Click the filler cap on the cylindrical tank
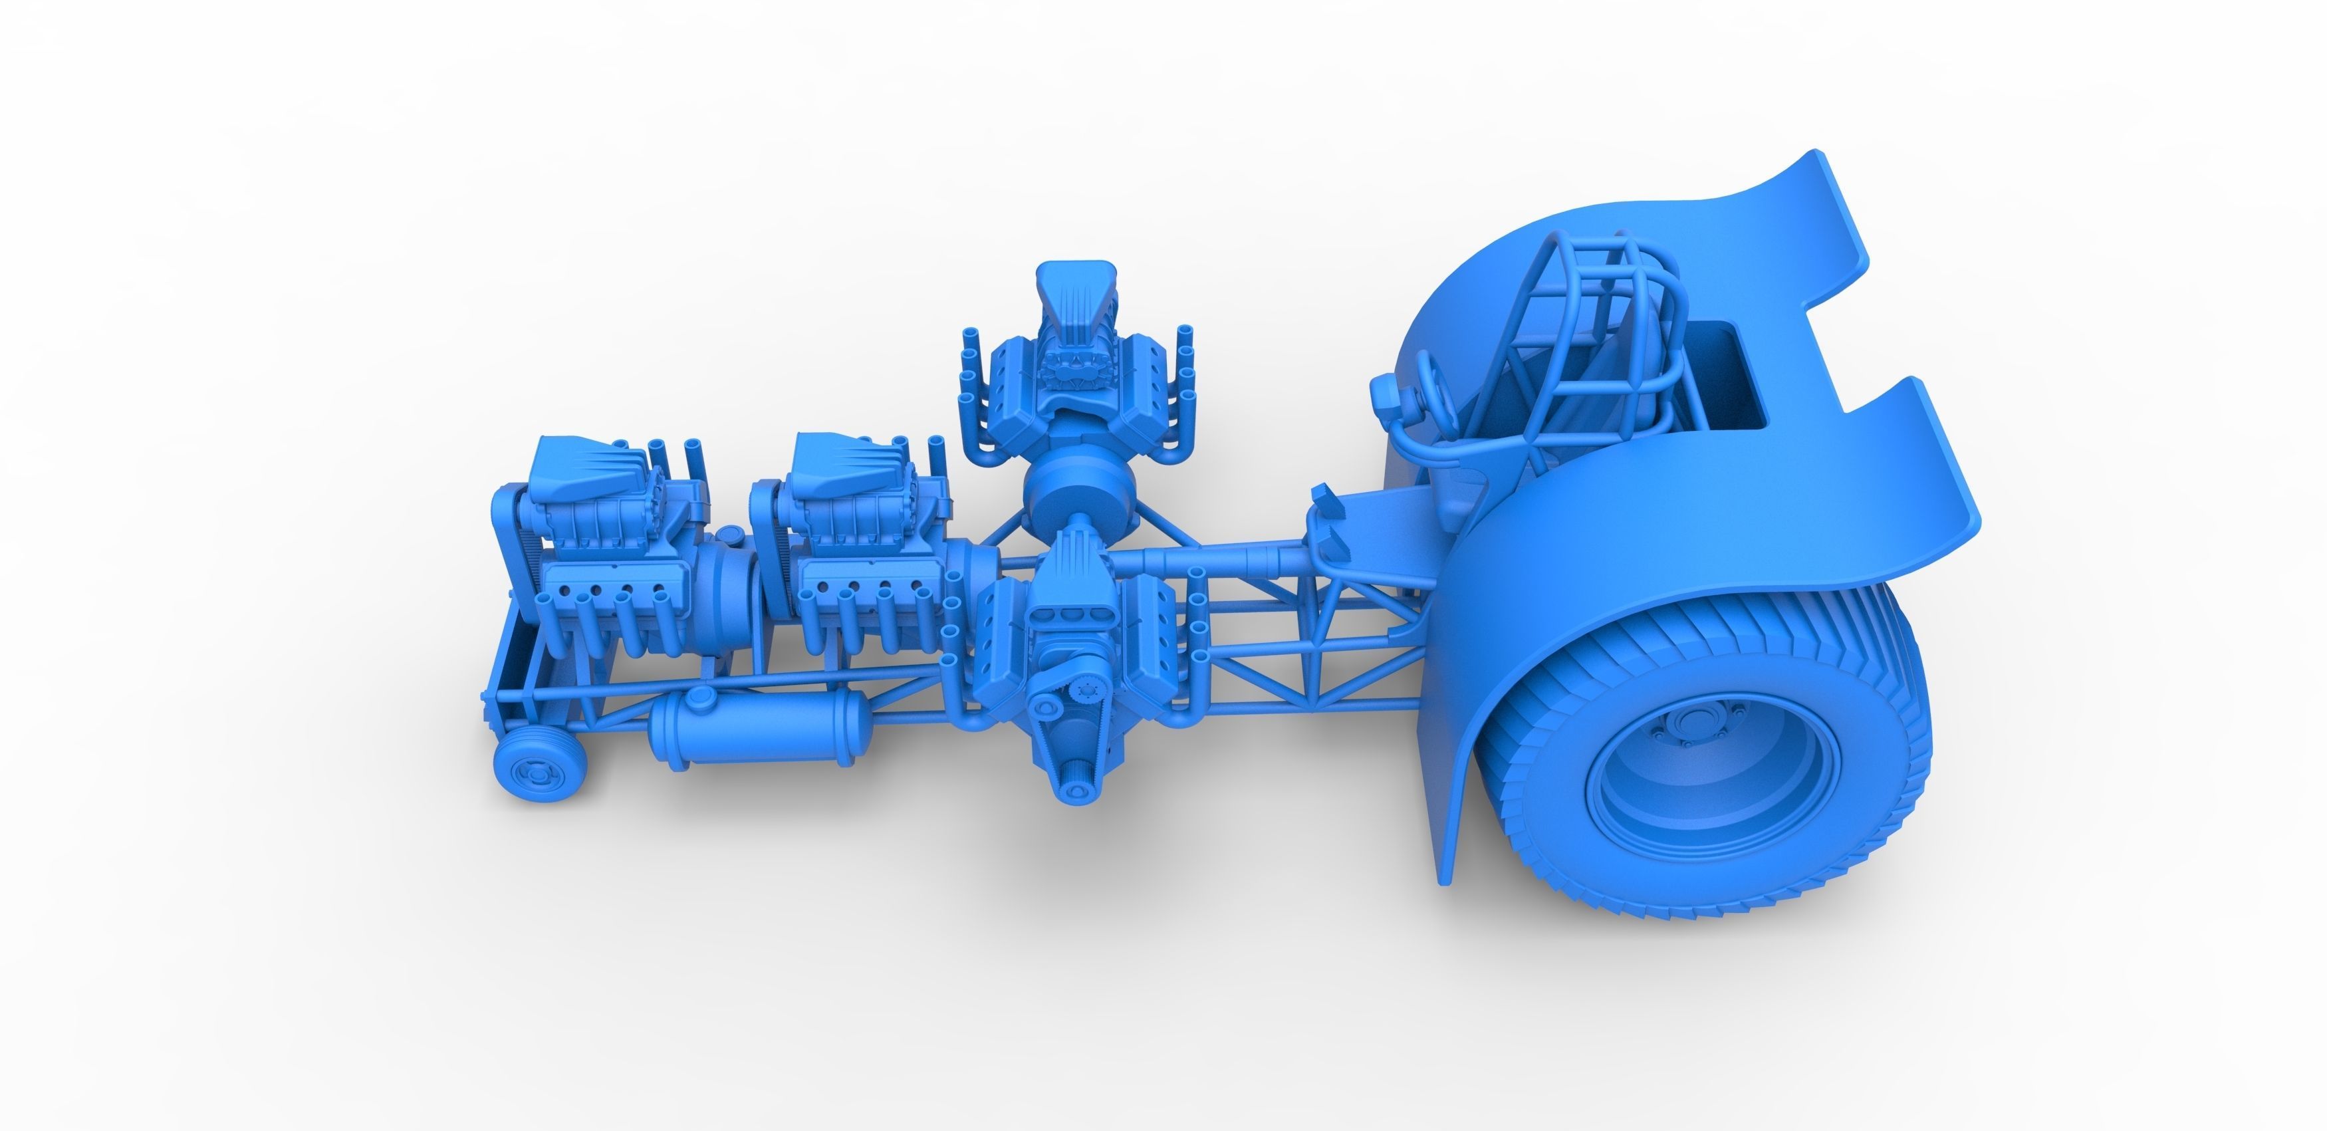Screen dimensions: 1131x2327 click(x=699, y=698)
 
